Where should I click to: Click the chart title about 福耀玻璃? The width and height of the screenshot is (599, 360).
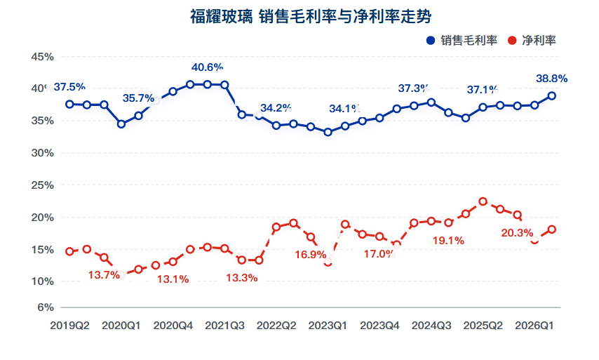point(311,16)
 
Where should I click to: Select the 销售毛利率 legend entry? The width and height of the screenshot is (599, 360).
point(462,41)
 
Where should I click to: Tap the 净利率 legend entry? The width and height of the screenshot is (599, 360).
point(532,41)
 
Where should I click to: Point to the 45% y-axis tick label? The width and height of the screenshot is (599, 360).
point(42,57)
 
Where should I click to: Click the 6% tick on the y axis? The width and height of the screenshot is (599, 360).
point(46,307)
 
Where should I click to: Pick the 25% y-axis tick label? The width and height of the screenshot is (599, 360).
point(42,185)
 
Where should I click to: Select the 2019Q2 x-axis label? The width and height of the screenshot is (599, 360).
point(70,326)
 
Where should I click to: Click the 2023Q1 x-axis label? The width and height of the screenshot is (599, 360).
point(328,326)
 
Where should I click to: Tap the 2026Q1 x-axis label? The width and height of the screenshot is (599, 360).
point(534,326)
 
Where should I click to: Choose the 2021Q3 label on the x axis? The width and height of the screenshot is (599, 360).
point(224,326)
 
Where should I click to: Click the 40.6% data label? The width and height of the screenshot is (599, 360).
point(207,67)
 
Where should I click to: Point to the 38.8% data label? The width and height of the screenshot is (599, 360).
point(551,79)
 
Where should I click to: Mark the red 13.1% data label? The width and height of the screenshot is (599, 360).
point(173,279)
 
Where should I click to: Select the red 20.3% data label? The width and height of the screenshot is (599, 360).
point(517,233)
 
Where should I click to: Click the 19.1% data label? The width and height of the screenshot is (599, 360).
point(448,241)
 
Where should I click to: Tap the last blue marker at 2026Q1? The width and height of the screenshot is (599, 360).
point(551,96)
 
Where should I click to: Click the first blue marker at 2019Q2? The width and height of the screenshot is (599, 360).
point(69,105)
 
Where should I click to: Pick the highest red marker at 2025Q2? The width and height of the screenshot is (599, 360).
point(483,201)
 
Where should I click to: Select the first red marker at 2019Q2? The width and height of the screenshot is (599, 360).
point(69,251)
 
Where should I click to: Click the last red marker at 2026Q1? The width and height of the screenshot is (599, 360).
point(551,229)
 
